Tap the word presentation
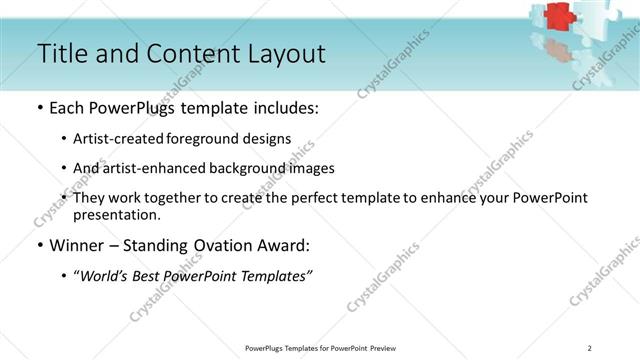(x=116, y=214)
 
